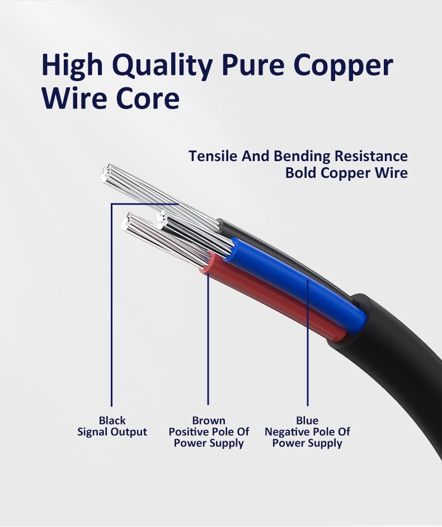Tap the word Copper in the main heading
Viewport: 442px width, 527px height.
pyautogui.click(x=344, y=65)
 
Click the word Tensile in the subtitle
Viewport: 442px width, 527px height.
pyautogui.click(x=213, y=156)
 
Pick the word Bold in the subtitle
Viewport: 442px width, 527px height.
pyautogui.click(x=301, y=173)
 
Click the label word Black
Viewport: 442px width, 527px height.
pyautogui.click(x=112, y=420)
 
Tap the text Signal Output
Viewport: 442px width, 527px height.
pyautogui.click(x=112, y=432)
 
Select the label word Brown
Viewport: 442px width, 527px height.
pyautogui.click(x=209, y=420)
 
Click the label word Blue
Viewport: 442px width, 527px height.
pyautogui.click(x=307, y=420)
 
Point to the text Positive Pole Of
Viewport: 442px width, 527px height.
pyautogui.click(x=209, y=432)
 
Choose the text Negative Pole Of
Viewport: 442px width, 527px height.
pyautogui.click(x=307, y=432)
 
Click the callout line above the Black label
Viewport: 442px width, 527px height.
pyautogui.click(x=111, y=308)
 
